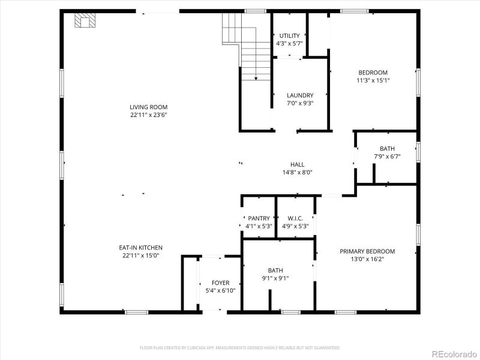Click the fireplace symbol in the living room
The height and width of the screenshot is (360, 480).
click(x=85, y=22)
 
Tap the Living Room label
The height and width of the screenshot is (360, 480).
click(x=148, y=107)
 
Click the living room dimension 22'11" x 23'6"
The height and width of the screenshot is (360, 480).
click(x=148, y=115)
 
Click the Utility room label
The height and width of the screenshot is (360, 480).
click(x=289, y=36)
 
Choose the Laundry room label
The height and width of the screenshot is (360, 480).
click(x=299, y=95)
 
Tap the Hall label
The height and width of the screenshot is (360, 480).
click(x=297, y=164)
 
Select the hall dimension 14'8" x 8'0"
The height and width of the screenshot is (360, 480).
click(x=297, y=172)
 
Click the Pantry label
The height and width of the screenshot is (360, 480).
click(x=259, y=218)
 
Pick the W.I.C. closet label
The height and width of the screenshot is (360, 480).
click(x=295, y=218)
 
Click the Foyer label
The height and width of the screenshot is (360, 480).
click(x=220, y=283)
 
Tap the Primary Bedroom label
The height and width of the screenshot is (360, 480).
click(x=367, y=251)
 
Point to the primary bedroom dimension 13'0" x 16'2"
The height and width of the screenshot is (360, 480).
click(x=367, y=259)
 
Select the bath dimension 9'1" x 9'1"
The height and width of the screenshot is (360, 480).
click(x=275, y=278)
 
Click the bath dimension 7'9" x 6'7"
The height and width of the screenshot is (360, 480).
click(x=387, y=157)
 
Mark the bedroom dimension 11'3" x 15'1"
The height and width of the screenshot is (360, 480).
click(x=373, y=80)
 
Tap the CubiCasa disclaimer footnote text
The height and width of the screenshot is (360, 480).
click(x=240, y=347)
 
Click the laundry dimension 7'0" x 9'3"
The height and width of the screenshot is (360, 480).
click(x=299, y=103)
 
